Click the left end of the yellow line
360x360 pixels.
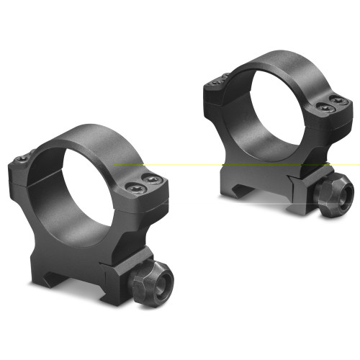[116, 164]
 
